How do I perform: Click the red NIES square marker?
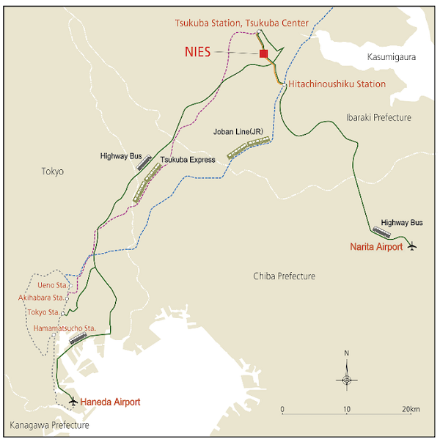click(x=264, y=53)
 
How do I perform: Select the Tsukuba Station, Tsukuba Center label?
click(x=241, y=23)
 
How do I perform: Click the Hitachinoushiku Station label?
click(x=337, y=84)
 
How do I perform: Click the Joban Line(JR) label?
click(x=238, y=132)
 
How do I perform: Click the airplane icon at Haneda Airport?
click(x=73, y=401)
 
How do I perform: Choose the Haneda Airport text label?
click(x=110, y=402)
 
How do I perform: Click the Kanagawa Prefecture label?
click(x=50, y=425)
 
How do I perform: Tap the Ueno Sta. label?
click(x=51, y=284)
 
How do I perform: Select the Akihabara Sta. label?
click(x=43, y=298)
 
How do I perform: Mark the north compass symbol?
click(x=347, y=378)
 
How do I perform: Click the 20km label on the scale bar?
click(x=411, y=409)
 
